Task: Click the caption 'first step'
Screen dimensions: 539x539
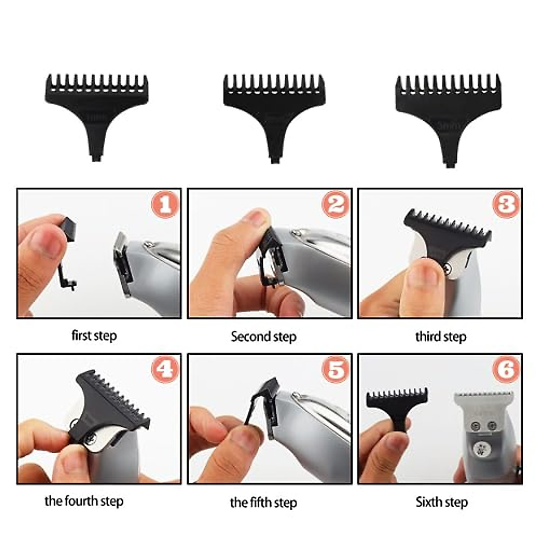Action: tap(94, 336)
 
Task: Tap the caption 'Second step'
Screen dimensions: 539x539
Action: tap(264, 337)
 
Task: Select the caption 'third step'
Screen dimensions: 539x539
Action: tap(441, 337)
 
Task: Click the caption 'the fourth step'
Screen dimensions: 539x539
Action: tap(84, 501)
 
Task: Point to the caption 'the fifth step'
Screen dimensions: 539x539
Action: tap(264, 502)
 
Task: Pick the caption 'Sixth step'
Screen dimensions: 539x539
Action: tap(442, 502)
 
